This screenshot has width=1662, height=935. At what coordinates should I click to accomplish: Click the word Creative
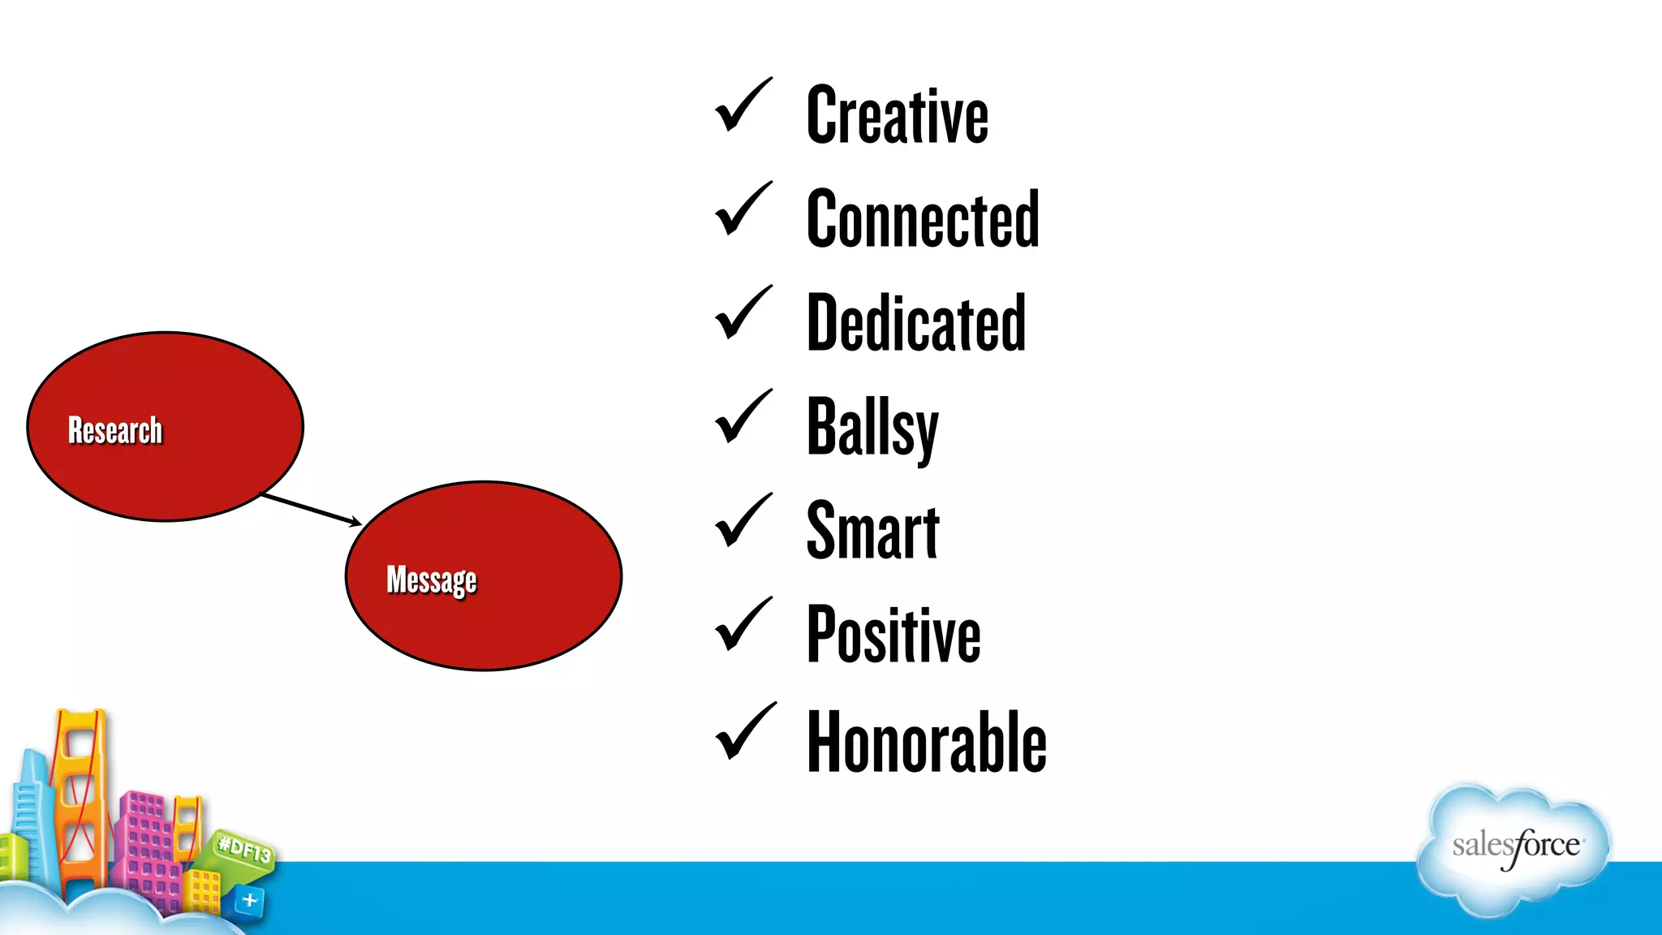point(897,116)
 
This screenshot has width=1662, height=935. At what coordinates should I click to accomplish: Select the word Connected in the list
point(923,219)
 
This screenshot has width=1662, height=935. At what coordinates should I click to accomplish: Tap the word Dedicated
point(916,323)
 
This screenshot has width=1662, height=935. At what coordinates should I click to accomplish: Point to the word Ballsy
point(872,428)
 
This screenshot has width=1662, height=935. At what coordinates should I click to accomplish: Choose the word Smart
point(872,531)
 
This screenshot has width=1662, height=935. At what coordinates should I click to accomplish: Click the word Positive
point(893,635)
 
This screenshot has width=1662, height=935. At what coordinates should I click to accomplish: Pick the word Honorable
point(926,740)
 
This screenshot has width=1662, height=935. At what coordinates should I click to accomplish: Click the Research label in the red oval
point(115,430)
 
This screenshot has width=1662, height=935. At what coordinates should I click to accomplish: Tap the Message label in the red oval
point(432,580)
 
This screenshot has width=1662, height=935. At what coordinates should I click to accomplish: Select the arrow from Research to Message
point(312,509)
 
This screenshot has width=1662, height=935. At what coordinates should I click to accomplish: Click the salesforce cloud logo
point(1514,848)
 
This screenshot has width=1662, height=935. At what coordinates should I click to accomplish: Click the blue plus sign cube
point(249,900)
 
